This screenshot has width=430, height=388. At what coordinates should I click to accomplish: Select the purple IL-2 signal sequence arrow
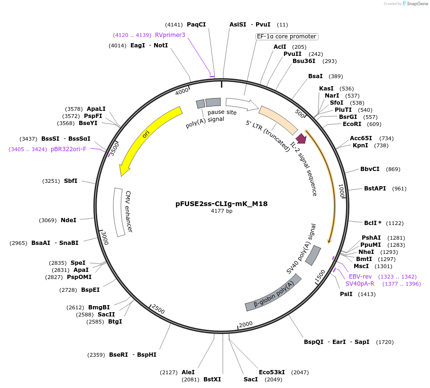(x=301, y=138)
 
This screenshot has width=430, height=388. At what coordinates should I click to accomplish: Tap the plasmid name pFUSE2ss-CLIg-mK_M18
(x=221, y=204)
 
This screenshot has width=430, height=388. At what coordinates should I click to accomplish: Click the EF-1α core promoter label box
(x=286, y=36)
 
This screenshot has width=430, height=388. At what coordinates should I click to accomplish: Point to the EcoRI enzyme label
(x=352, y=124)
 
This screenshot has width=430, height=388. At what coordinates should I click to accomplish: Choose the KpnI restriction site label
(x=360, y=145)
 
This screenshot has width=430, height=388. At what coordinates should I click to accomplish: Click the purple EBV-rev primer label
(x=360, y=276)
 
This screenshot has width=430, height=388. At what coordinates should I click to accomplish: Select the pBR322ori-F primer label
(x=68, y=149)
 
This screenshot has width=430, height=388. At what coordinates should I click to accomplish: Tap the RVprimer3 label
(x=170, y=35)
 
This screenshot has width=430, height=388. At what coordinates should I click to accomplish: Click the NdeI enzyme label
(x=68, y=220)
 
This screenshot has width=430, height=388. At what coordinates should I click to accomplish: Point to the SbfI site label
(x=71, y=181)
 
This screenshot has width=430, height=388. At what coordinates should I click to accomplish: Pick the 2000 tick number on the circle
(x=246, y=324)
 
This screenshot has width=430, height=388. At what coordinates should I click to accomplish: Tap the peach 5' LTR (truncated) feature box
(x=278, y=120)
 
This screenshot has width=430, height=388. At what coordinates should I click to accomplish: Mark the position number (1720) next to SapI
(x=384, y=342)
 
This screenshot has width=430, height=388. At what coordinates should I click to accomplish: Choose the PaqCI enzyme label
(x=196, y=25)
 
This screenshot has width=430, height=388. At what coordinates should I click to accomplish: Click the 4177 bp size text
(x=221, y=211)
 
